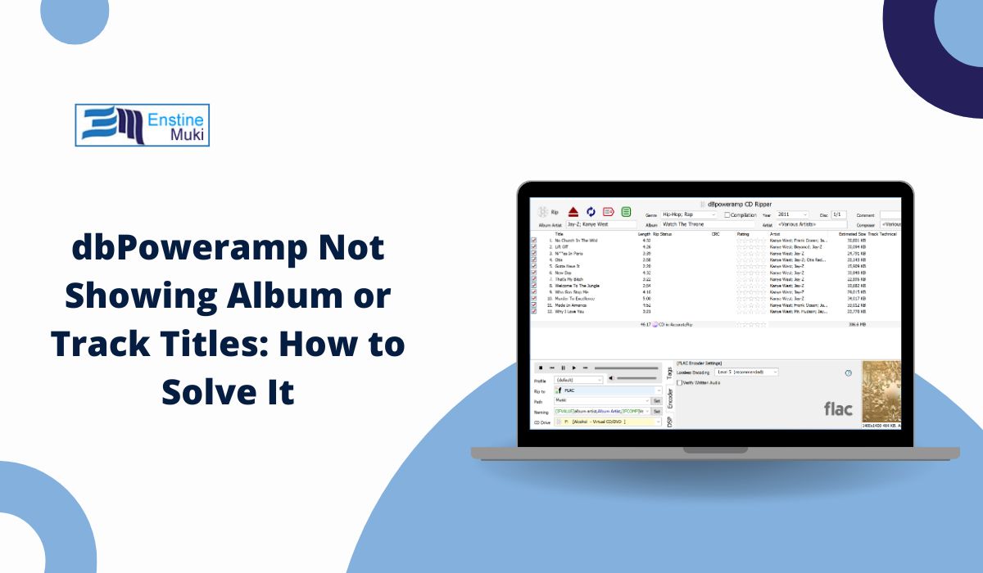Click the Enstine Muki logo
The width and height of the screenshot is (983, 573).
tap(142, 125)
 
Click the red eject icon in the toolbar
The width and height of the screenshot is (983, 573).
tap(573, 212)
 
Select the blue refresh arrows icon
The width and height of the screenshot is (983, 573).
tap(591, 212)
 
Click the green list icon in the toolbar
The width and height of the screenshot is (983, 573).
tap(626, 212)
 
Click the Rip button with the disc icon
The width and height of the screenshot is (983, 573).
tap(549, 212)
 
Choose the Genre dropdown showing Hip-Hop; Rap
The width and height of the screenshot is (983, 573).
tap(689, 214)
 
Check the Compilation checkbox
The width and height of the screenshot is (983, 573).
tap(727, 215)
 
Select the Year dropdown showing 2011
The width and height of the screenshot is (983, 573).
tap(792, 214)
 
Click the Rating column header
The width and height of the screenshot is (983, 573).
tap(743, 234)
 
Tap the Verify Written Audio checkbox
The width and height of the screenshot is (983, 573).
tap(680, 382)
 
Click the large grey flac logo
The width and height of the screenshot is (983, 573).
tap(838, 408)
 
